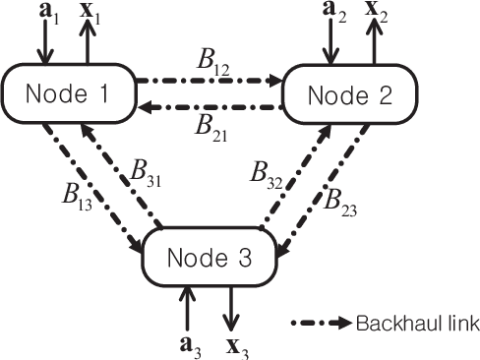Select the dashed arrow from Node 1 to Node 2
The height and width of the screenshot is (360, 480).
click(x=208, y=80)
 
